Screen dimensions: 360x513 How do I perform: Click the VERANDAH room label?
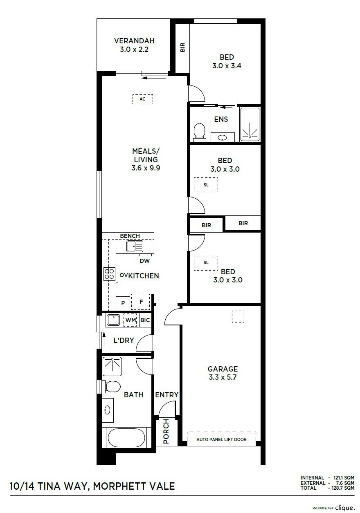[134, 41]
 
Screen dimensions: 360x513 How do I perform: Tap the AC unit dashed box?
[142, 99]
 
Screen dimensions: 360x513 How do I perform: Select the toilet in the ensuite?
[199, 131]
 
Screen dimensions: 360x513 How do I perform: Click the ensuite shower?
[250, 124]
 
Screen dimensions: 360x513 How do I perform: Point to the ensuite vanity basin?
[223, 138]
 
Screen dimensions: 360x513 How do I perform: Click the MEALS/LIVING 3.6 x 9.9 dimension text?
[146, 168]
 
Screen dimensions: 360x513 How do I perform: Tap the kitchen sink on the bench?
[135, 246]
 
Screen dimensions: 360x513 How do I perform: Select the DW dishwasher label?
[144, 261]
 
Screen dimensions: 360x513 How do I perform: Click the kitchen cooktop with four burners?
[109, 274]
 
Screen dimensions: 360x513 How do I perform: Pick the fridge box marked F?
[140, 302]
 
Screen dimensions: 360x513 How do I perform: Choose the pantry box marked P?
[123, 303]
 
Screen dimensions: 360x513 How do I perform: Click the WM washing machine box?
[130, 320]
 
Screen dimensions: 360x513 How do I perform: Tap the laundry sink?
[113, 320]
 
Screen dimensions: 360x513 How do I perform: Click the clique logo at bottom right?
[345, 508]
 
